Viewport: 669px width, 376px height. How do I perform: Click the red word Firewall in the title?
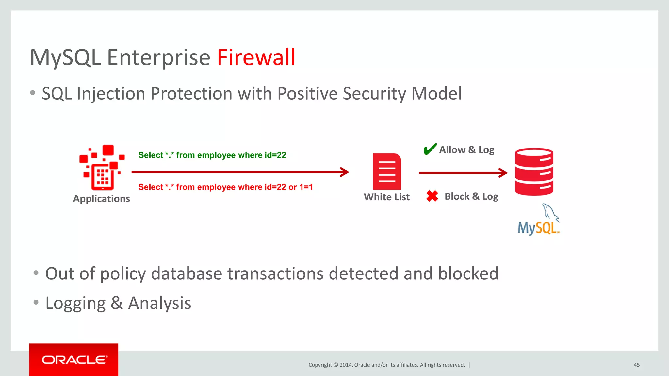(256, 57)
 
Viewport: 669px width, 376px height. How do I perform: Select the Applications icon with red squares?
(102, 167)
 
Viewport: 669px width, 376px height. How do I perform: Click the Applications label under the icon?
(101, 199)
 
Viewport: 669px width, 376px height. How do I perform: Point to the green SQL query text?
(212, 155)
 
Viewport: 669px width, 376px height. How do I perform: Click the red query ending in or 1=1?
(225, 187)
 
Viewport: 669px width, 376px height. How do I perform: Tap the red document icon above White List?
(387, 172)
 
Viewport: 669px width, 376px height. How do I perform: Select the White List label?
(387, 197)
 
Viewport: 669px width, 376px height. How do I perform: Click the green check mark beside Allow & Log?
(430, 149)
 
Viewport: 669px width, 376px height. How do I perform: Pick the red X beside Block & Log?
(432, 196)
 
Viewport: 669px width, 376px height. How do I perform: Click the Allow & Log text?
(466, 150)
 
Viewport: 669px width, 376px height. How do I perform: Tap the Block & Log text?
(471, 196)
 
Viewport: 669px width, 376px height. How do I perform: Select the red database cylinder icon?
(534, 172)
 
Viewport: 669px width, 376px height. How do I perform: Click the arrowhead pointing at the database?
(503, 173)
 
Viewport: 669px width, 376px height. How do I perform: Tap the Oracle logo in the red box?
(74, 360)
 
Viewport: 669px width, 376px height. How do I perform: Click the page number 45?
(636, 365)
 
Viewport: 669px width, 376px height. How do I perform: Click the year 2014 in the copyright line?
(346, 365)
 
